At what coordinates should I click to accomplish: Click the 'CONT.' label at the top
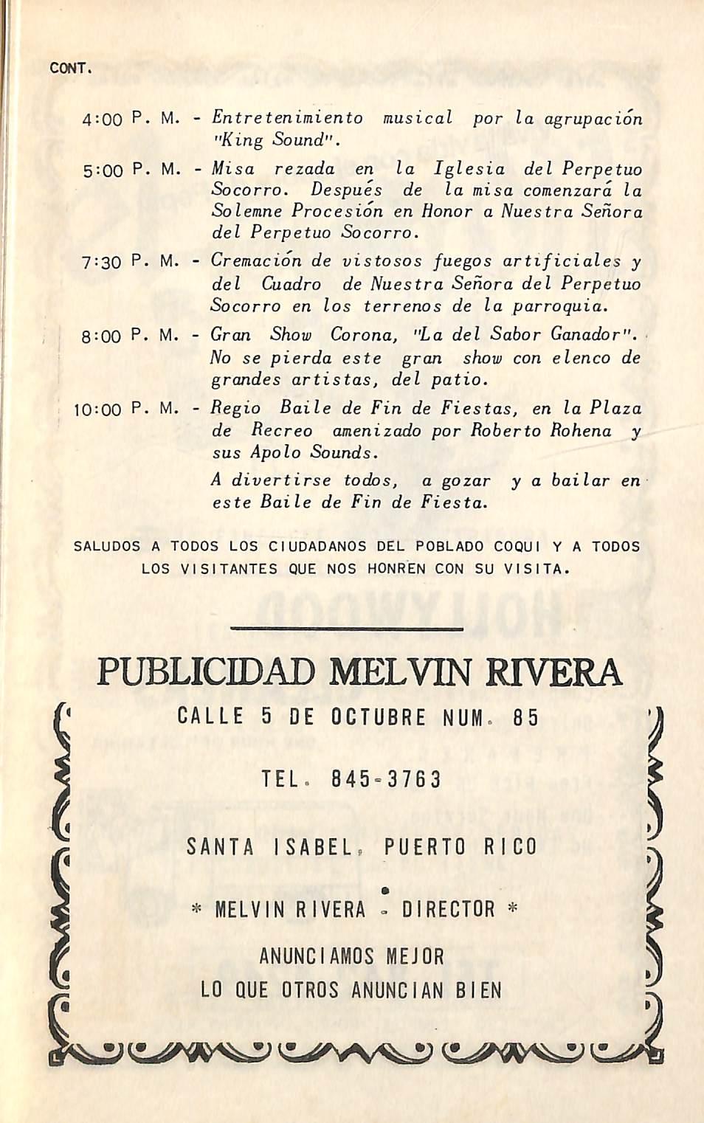point(69,69)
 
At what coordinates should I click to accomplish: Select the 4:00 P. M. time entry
point(130,118)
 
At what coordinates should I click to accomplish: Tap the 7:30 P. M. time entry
point(130,261)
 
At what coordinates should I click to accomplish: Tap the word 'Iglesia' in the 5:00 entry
point(469,168)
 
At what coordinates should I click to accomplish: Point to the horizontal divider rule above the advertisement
point(347,629)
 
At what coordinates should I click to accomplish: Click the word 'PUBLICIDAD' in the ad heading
point(206,672)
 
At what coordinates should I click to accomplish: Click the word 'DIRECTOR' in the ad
point(448,910)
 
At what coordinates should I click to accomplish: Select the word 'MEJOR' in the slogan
point(415,957)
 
